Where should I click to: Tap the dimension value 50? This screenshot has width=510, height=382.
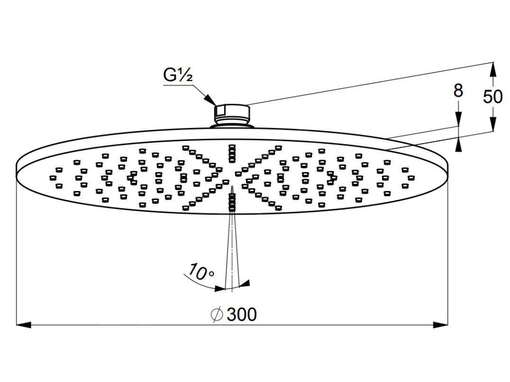tap(493, 96)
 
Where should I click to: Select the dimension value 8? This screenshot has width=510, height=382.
tap(458, 91)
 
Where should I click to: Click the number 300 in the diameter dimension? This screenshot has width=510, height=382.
tap(241, 314)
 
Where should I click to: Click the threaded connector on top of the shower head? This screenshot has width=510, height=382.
tap(232, 114)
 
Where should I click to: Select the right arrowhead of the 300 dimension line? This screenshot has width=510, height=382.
tap(440, 325)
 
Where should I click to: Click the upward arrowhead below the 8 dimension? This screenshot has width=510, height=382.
tap(458, 143)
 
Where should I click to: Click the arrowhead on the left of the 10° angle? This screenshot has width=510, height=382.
tap(219, 287)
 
